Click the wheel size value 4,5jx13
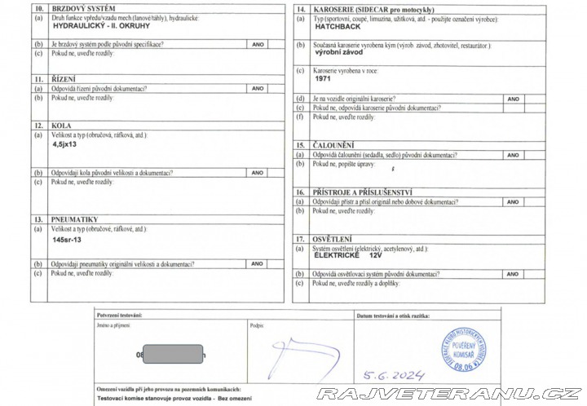click(x=65, y=143)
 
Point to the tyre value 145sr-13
click(x=67, y=241)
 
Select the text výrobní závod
click(x=338, y=52)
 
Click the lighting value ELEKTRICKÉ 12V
click(x=360, y=256)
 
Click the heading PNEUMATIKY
click(x=74, y=219)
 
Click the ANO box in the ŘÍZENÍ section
click(x=258, y=88)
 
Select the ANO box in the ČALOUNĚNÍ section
click(x=513, y=155)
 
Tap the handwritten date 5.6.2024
click(x=395, y=376)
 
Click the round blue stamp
click(x=462, y=350)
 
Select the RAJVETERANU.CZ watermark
click(x=449, y=394)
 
